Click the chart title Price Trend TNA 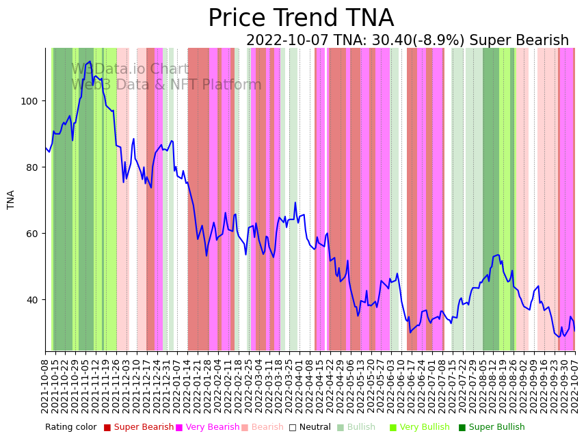pos(301,18)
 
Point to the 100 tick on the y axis pos(33,101)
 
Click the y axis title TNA pos(11,200)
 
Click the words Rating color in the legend pos(71,428)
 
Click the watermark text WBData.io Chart pos(130,70)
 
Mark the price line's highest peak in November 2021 pos(90,61)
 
